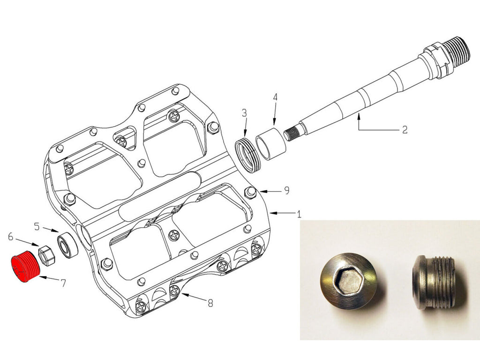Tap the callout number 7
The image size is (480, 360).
(63, 283)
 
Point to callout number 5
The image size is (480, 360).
(37, 227)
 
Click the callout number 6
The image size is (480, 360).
(11, 236)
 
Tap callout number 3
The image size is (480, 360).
(244, 113)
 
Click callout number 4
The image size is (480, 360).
(275, 97)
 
